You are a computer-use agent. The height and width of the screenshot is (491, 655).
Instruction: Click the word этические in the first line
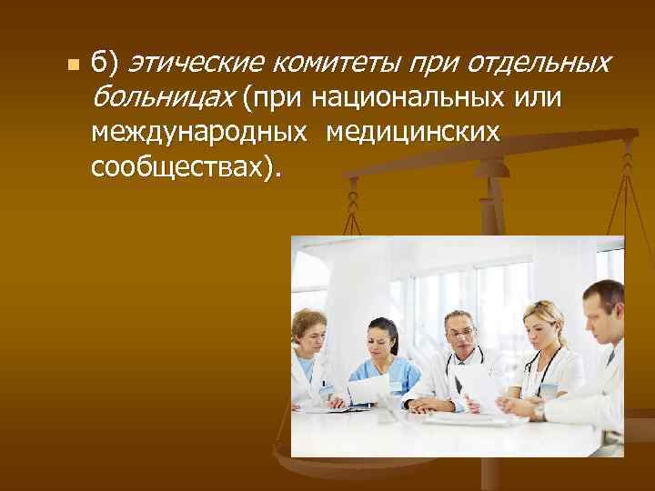[x=194, y=64]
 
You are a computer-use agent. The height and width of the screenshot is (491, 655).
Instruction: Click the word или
[x=539, y=97]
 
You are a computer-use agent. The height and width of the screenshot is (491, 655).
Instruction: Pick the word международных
[x=198, y=133]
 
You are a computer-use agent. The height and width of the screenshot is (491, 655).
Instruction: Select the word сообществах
[x=177, y=168]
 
